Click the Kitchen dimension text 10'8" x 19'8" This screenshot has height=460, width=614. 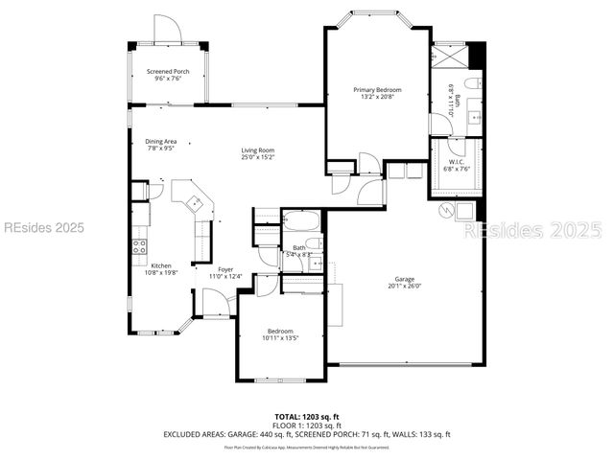click(x=160, y=271)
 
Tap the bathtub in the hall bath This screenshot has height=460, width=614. click(x=304, y=222)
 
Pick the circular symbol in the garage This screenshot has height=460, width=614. click(x=444, y=208)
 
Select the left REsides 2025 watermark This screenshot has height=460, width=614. click(x=44, y=228)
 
